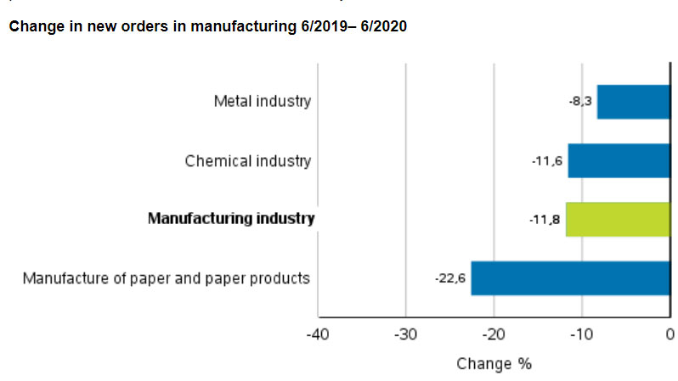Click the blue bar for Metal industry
pos(633,102)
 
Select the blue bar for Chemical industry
pos(619,160)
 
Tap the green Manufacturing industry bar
pos(618,219)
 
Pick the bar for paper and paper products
pos(570,278)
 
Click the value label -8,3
pos(580,102)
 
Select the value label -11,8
pos(545,219)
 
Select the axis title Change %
pos(494,364)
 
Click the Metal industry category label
pos(263,102)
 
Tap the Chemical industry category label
pos(248,160)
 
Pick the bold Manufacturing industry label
pos(231,219)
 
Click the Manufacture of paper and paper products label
pos(167,278)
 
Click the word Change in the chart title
pos(32,27)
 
